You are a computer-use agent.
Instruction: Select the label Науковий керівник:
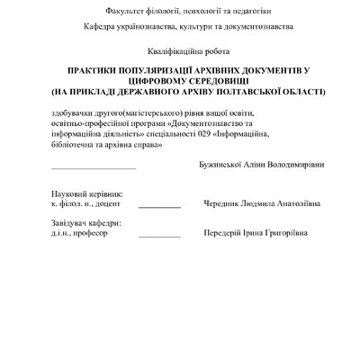coord(87,193)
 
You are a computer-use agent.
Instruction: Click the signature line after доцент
coord(159,207)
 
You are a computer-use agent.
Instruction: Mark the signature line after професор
coord(159,236)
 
